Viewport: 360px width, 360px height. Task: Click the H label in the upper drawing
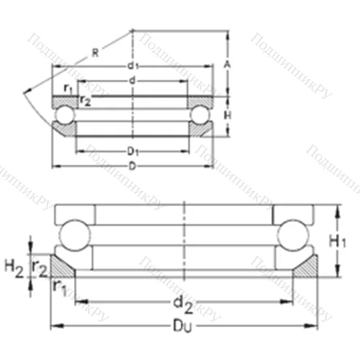coord(227,115)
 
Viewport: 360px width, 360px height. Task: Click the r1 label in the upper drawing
coord(67,88)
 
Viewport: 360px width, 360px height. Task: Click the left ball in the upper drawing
coord(64,115)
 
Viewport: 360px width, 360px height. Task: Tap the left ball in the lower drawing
coord(73,233)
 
